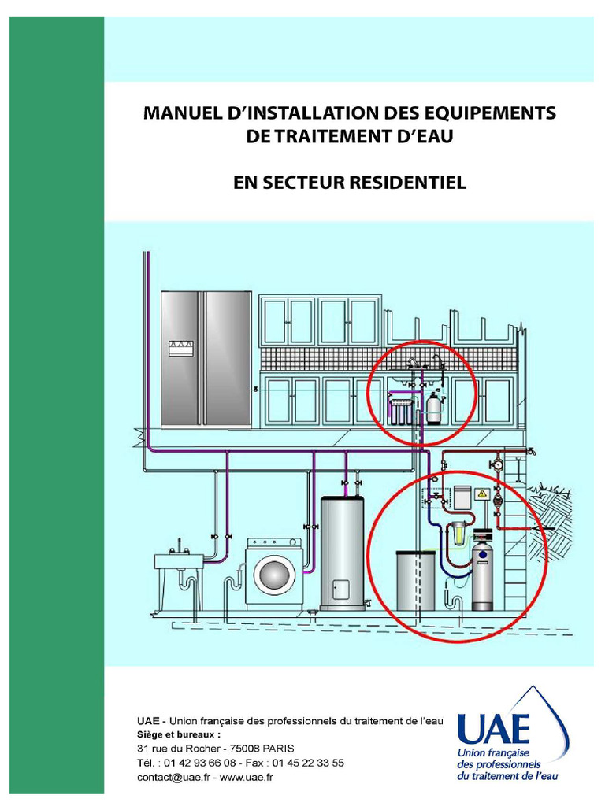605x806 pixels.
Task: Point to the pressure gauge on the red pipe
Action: tap(498, 465)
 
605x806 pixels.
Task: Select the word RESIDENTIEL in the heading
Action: tap(406, 183)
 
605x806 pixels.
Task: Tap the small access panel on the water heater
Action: tap(340, 589)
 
